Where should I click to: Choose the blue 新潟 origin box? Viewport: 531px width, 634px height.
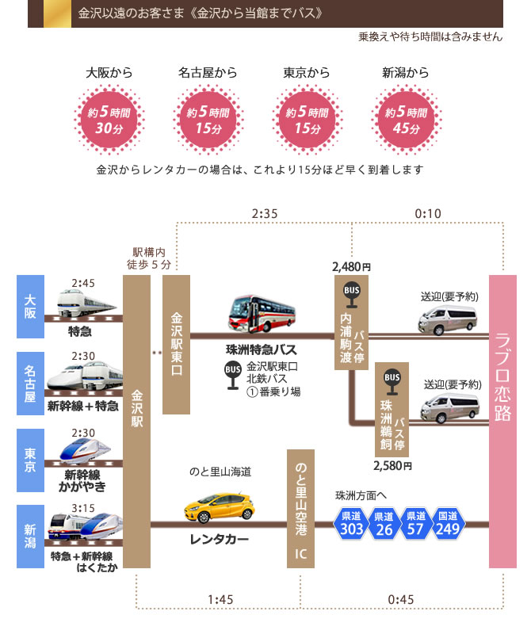(x=30, y=533)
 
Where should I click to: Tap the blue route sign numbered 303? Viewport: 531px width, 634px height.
(x=351, y=523)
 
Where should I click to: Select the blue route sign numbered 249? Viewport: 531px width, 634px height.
(x=447, y=523)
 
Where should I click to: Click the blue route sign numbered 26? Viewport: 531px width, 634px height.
(x=384, y=523)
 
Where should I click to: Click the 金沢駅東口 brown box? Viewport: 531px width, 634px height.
(x=177, y=345)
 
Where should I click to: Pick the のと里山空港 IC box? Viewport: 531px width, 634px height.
(x=300, y=508)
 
